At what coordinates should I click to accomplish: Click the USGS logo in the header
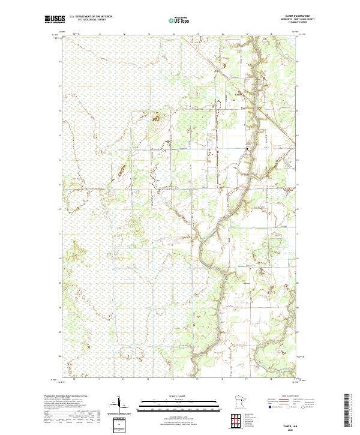(55, 19)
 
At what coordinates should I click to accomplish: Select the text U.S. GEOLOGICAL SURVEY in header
(91, 20)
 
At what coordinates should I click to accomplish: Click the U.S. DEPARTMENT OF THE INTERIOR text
(91, 16)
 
